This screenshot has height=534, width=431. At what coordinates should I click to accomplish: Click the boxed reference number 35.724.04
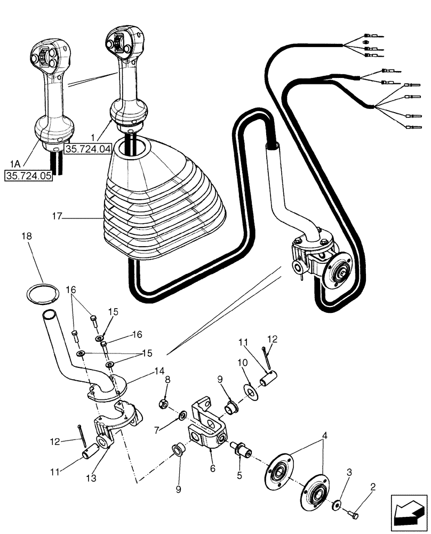tap(87, 148)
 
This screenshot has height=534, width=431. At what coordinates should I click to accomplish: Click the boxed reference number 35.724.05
tap(29, 175)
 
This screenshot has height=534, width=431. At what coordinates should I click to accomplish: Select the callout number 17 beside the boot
tap(58, 216)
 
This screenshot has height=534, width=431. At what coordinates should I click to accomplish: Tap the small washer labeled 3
tap(337, 505)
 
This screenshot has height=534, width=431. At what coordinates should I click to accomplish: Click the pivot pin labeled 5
tap(242, 448)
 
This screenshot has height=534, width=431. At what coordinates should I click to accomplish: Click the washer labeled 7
tap(182, 414)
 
